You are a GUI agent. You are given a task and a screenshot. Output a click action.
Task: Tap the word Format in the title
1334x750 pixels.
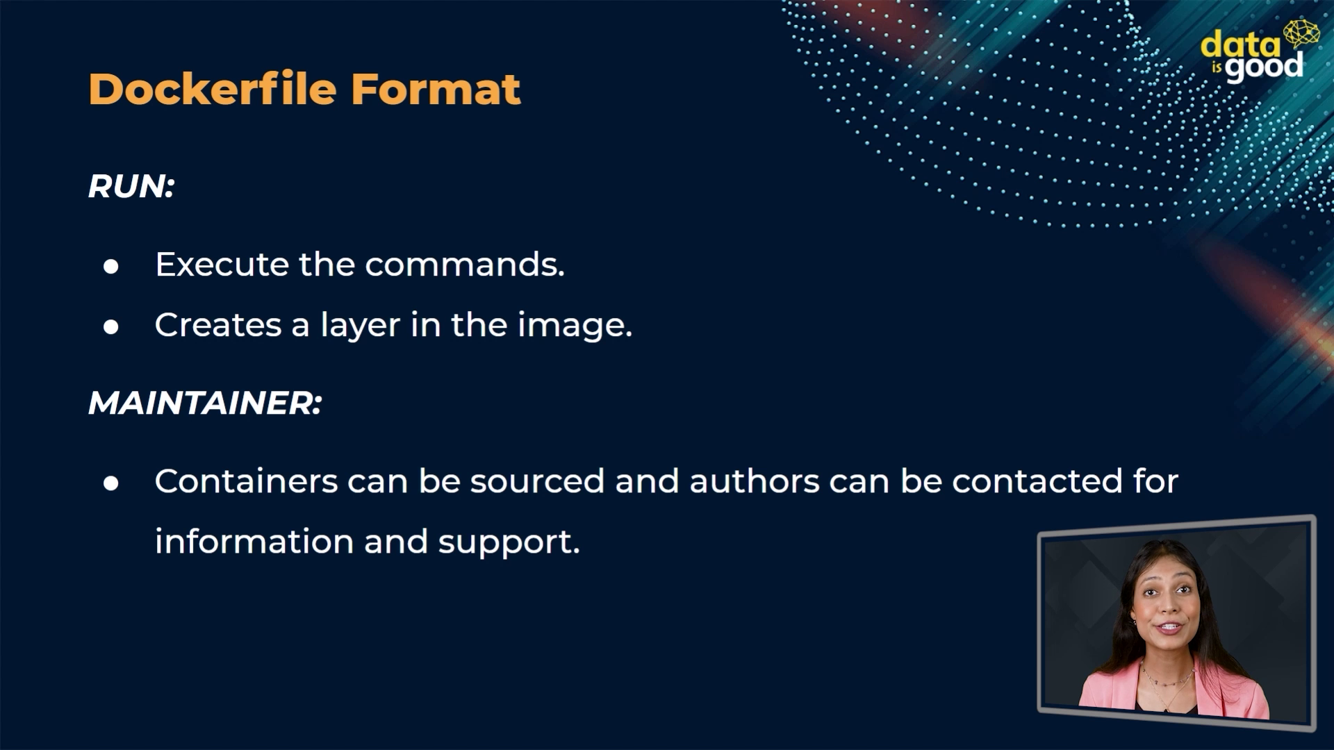click(x=436, y=89)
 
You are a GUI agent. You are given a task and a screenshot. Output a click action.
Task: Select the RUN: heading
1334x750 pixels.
click(x=131, y=186)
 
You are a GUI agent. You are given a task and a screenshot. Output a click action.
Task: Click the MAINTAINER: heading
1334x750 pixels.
click(x=205, y=403)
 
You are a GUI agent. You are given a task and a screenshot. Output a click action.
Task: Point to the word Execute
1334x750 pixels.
click(x=222, y=265)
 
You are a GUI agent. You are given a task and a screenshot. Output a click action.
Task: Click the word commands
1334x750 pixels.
click(x=465, y=265)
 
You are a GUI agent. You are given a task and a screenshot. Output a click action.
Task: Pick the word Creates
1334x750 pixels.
click(x=218, y=325)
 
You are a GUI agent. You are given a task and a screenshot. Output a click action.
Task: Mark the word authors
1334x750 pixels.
click(x=755, y=481)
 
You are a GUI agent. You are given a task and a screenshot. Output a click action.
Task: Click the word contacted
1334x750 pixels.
click(x=1037, y=481)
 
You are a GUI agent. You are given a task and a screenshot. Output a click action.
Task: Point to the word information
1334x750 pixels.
click(x=254, y=542)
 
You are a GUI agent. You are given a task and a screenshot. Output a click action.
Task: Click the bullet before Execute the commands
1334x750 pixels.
click(x=111, y=267)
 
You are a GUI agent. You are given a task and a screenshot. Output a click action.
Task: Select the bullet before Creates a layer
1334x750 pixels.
click(x=111, y=327)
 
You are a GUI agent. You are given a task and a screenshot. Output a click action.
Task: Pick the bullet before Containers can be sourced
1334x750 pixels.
click(x=111, y=483)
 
